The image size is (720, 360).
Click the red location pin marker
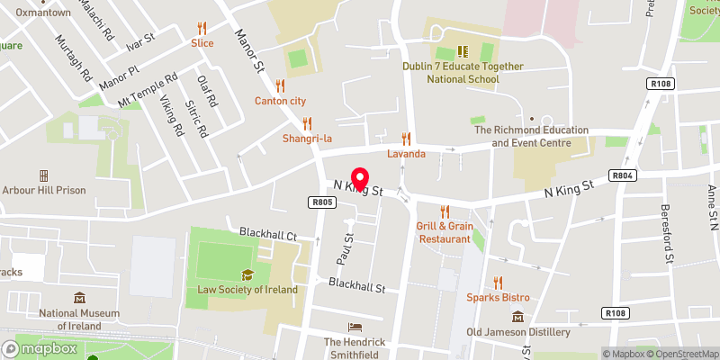coord(359,178)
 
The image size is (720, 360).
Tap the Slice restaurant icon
coord(202,27)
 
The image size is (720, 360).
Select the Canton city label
coord(280,100)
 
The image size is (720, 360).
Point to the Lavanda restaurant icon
coord(406,139)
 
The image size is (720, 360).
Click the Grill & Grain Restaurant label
coord(445,233)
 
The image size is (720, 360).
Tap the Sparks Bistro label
coord(498,297)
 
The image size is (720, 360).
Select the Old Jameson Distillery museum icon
coord(518,317)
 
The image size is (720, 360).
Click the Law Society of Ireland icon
coord(247,275)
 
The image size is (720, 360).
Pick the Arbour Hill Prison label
coord(43,190)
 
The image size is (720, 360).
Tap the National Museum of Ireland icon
coord(80,298)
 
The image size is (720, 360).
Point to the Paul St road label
coord(343,243)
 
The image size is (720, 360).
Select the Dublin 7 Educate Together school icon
coord(463,51)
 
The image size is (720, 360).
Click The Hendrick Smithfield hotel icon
coord(355,328)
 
